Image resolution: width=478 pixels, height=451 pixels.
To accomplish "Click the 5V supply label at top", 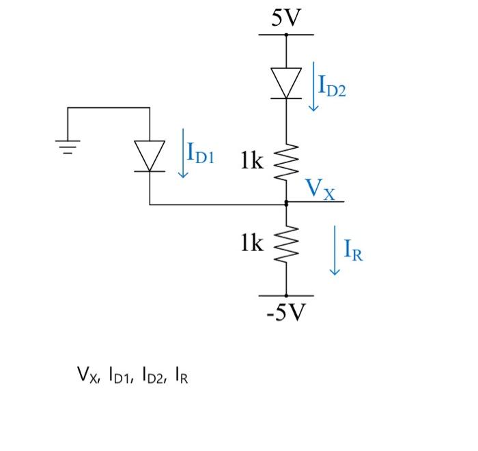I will click(286, 18).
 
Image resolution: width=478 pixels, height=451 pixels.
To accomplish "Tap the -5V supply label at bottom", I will click(286, 313).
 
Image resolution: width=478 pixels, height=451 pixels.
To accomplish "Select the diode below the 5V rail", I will click(286, 83).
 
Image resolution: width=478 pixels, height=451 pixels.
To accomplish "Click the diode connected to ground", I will click(150, 156).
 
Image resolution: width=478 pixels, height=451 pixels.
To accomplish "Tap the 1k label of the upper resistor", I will click(251, 161).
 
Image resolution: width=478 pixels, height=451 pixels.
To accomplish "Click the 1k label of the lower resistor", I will click(251, 243).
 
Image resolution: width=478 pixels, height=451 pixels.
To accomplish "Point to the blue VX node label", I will click(320, 188).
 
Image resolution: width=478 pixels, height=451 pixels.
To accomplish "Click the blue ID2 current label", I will click(333, 87).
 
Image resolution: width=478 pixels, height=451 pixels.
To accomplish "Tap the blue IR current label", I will click(353, 251).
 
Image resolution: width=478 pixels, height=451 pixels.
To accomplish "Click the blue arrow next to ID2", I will click(313, 87).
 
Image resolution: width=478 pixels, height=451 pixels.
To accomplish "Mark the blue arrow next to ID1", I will click(182, 153).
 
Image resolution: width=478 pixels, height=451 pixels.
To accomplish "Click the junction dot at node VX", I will click(286, 203).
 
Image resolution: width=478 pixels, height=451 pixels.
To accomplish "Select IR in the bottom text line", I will click(181, 375).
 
